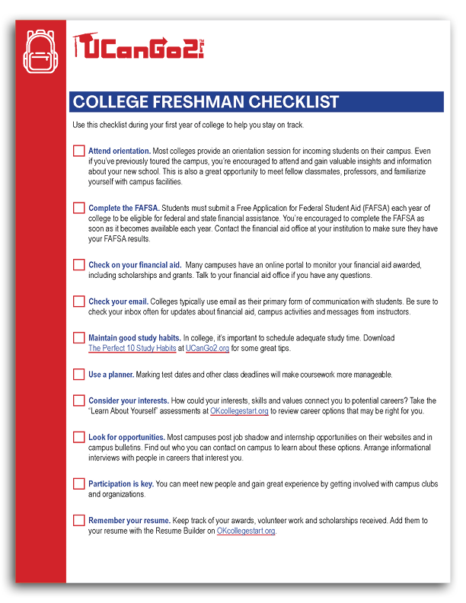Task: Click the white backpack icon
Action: pyautogui.click(x=40, y=52)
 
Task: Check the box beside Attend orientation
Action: pyautogui.click(x=79, y=151)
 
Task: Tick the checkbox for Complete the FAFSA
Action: pyautogui.click(x=79, y=208)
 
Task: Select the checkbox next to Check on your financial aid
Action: pyautogui.click(x=79, y=264)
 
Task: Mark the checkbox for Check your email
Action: pyautogui.click(x=79, y=301)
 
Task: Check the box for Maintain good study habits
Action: pyautogui.click(x=79, y=337)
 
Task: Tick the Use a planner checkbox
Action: pyautogui.click(x=79, y=375)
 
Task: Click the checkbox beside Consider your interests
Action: pyautogui.click(x=79, y=400)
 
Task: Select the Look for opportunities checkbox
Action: pyautogui.click(x=79, y=437)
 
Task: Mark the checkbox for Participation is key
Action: pyautogui.click(x=79, y=483)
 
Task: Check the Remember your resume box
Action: pyautogui.click(x=79, y=520)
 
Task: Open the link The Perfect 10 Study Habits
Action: pyautogui.click(x=132, y=348)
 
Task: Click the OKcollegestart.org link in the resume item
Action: pyautogui.click(x=245, y=531)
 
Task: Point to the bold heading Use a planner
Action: pyautogui.click(x=111, y=375)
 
